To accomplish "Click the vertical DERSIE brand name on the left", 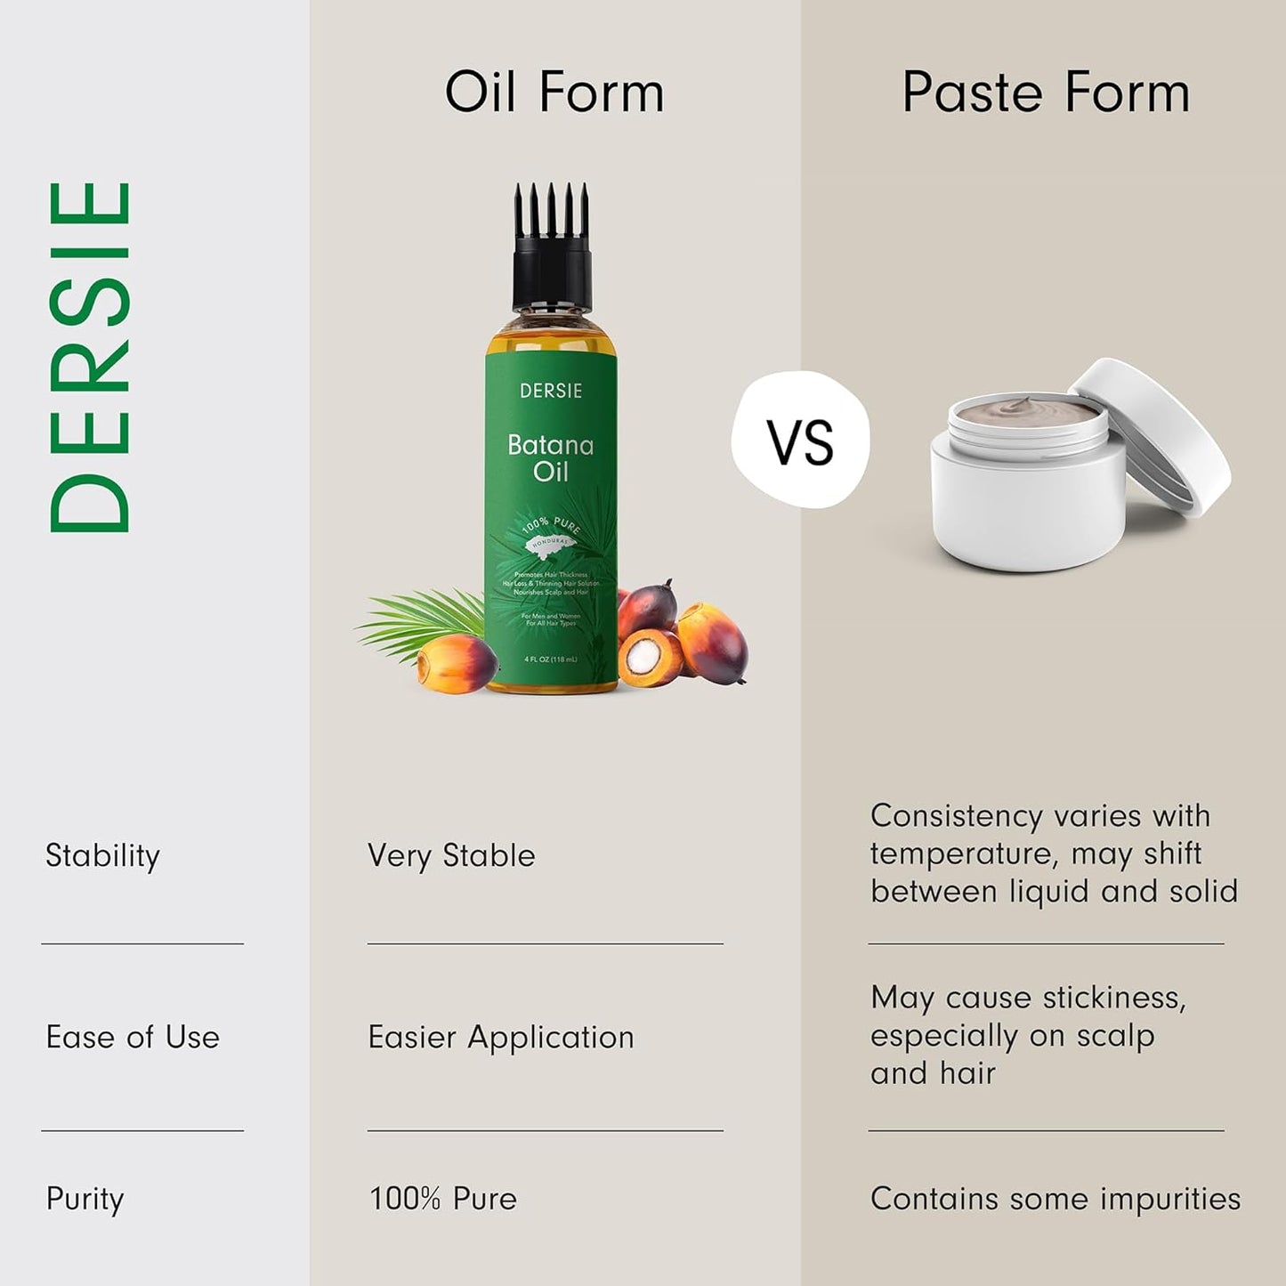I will (x=90, y=357).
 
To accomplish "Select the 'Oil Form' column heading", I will (x=554, y=93).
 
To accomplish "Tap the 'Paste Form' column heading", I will (x=1045, y=93).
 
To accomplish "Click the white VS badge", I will (x=800, y=441).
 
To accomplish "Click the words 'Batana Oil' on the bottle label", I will (x=550, y=457).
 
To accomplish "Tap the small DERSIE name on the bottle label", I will (x=551, y=391).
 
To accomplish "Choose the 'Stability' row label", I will (x=102, y=856).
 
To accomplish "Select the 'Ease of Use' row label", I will (x=133, y=1038).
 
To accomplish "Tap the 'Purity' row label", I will (x=85, y=1200).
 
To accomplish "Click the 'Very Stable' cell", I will (x=451, y=856).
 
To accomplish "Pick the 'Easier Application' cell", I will (x=501, y=1038).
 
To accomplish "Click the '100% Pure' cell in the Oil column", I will (x=442, y=1199).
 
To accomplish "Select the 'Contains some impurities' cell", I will (x=1055, y=1199).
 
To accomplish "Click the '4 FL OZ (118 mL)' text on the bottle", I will (x=551, y=659).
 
